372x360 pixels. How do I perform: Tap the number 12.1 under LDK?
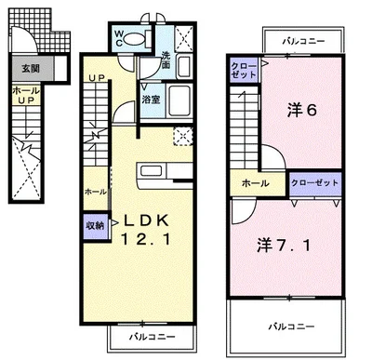pyautogui.click(x=141, y=241)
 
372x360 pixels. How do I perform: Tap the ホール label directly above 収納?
pyautogui.click(x=95, y=191)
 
